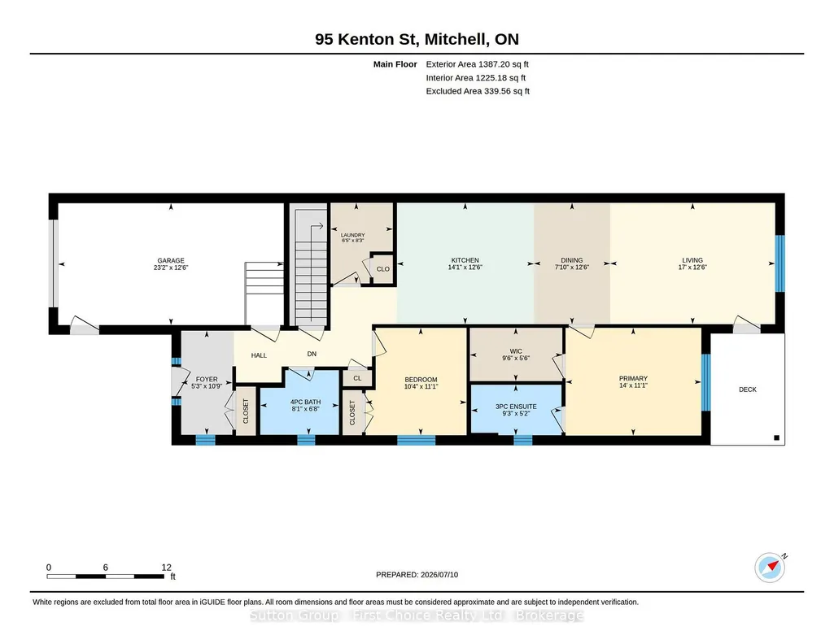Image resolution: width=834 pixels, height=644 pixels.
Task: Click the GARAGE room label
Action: [171, 260]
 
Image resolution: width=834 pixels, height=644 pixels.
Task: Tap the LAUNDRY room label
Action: [352, 235]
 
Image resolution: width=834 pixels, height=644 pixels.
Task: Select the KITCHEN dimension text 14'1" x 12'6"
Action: [465, 268]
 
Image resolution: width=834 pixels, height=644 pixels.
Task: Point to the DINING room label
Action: [572, 260]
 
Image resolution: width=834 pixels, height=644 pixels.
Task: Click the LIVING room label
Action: [692, 260]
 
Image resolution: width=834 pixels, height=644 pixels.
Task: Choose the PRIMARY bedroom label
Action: [633, 378]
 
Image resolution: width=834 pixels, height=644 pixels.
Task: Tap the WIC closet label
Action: [516, 351]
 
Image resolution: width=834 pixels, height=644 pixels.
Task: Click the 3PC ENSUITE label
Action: [516, 407]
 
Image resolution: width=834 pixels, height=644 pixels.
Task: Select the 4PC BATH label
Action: [305, 402]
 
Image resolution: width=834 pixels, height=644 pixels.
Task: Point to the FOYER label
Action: [207, 380]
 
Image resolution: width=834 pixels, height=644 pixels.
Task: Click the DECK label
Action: [747, 389]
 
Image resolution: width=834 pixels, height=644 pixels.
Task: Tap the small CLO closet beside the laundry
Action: [383, 269]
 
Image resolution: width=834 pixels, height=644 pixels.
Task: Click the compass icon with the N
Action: [770, 568]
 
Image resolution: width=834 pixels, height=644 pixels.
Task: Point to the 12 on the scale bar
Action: [167, 568]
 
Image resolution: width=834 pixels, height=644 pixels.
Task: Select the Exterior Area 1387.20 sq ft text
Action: [477, 64]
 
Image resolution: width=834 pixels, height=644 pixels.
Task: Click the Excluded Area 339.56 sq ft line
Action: [478, 91]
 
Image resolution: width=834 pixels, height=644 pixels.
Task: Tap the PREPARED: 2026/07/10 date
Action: [417, 574]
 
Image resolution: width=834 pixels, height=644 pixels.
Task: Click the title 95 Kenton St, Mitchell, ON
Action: [417, 39]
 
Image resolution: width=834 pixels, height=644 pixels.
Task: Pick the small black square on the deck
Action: [776, 437]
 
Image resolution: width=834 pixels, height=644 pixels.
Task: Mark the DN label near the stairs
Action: [312, 354]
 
